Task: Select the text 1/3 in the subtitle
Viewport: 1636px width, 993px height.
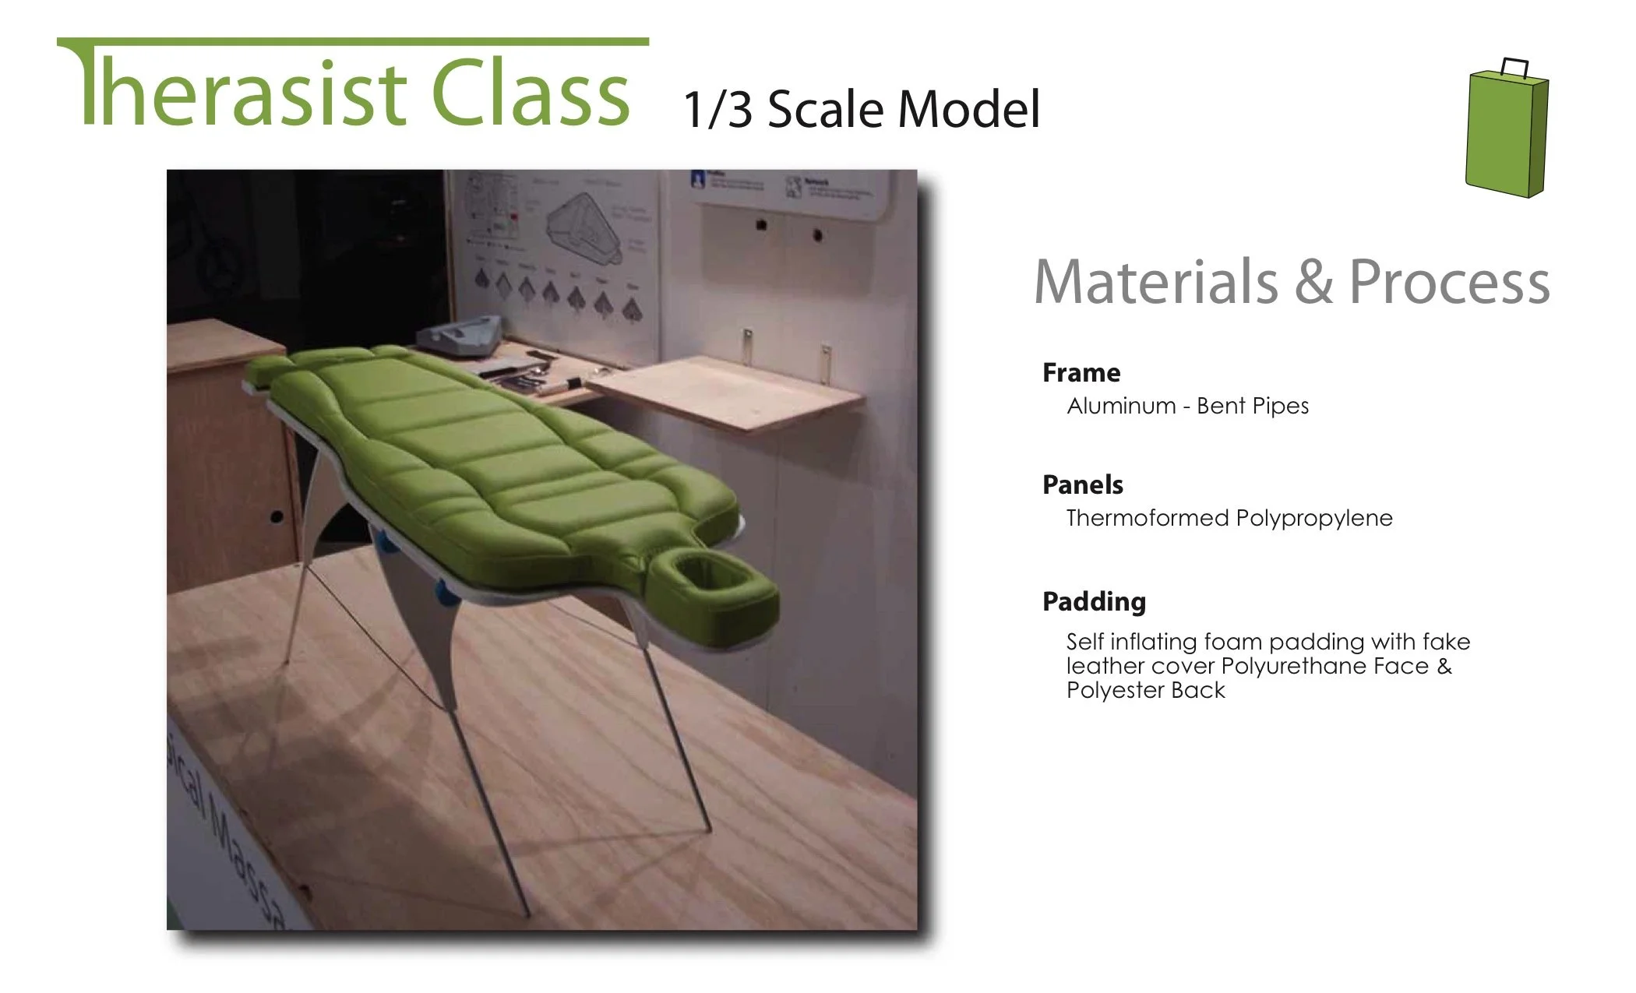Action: pyautogui.click(x=718, y=110)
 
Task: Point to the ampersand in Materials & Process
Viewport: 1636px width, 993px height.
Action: pyautogui.click(x=1313, y=282)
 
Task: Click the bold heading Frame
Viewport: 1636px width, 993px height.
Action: pyautogui.click(x=1081, y=373)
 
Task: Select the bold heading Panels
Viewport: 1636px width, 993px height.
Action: pyautogui.click(x=1082, y=485)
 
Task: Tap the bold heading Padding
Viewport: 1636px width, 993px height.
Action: pyautogui.click(x=1094, y=601)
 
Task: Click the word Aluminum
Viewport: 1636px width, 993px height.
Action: pyautogui.click(x=1120, y=406)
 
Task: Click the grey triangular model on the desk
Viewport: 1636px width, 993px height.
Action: pyautogui.click(x=460, y=336)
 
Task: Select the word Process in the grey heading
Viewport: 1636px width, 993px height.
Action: pyautogui.click(x=1449, y=282)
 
